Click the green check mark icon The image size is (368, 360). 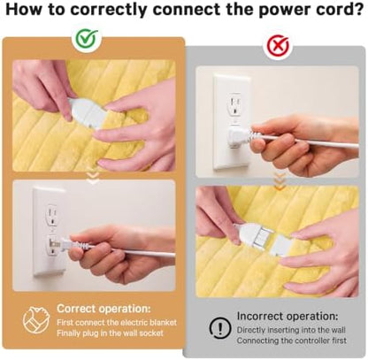pos(87,39)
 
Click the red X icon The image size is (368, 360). pos(278,46)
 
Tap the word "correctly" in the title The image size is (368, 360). pos(109,10)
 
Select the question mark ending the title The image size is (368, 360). pos(357,9)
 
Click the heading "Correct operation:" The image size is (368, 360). pos(103,309)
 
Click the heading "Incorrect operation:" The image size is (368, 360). pos(287,316)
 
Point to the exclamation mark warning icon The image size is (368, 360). pos(220,327)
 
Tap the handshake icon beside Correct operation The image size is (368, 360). pos(35,320)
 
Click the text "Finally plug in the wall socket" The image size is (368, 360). pos(110,333)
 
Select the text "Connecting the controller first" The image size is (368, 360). pos(292,341)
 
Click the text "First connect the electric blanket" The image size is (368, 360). pos(117,322)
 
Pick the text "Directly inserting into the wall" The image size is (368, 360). pos(291,330)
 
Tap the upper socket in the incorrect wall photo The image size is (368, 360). pos(235,104)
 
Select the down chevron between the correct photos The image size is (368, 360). pos(94,179)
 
